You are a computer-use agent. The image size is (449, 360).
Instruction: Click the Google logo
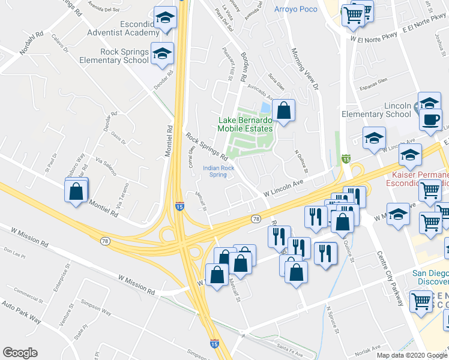point(20,353)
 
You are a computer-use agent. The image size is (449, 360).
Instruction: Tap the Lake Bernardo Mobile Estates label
point(244,124)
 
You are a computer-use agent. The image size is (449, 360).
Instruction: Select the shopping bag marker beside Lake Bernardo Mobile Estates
point(284,111)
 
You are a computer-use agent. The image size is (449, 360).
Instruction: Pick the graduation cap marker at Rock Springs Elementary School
point(161,55)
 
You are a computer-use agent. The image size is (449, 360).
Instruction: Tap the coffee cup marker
point(430,119)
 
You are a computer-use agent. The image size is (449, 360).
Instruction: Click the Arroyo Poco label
point(295,9)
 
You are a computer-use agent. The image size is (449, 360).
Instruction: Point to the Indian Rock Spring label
point(218,172)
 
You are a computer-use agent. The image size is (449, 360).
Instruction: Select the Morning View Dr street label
point(303,69)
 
